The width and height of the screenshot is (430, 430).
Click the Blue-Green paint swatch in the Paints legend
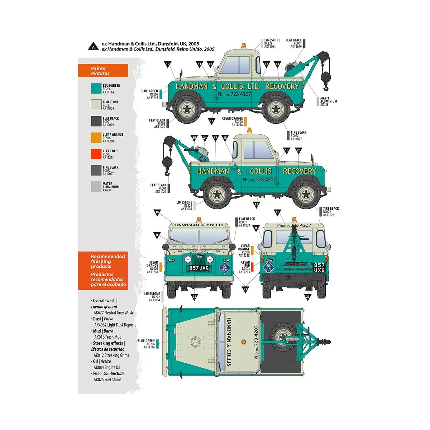[96, 89]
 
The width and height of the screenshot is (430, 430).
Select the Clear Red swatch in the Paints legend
[96, 154]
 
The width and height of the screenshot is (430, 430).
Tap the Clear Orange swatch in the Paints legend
[96, 138]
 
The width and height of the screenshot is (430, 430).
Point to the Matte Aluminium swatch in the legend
[96, 187]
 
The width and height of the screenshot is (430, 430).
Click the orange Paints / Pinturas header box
[103, 71]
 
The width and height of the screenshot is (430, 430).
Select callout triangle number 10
[168, 64]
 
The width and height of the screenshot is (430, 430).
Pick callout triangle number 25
[194, 138]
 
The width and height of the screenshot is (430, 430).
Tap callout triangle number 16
[157, 212]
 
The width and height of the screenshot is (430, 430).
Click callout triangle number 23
[307, 296]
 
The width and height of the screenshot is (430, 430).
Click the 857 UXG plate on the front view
[199, 268]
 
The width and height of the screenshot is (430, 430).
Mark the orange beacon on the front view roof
[199, 219]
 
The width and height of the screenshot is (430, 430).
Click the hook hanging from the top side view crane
[325, 88]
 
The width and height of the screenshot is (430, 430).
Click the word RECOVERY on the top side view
[282, 86]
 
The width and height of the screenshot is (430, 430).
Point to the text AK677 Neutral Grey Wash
[113, 313]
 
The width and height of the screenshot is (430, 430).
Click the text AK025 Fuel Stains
[107, 379]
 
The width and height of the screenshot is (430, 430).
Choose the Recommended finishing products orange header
[103, 271]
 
